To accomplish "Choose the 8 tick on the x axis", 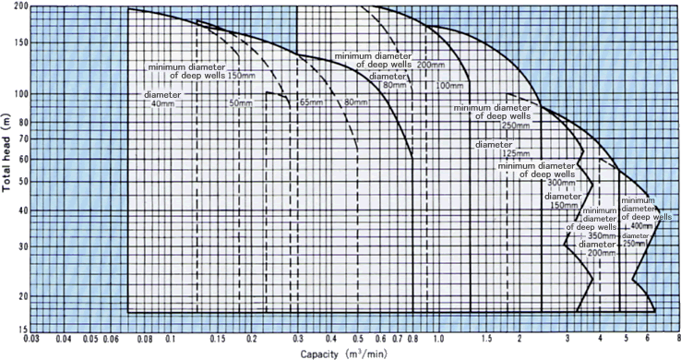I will pyautogui.click(x=676, y=341).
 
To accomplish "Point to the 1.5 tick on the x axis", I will pyautogui.click(x=485, y=341).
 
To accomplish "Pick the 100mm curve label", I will pyautogui.click(x=448, y=86).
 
